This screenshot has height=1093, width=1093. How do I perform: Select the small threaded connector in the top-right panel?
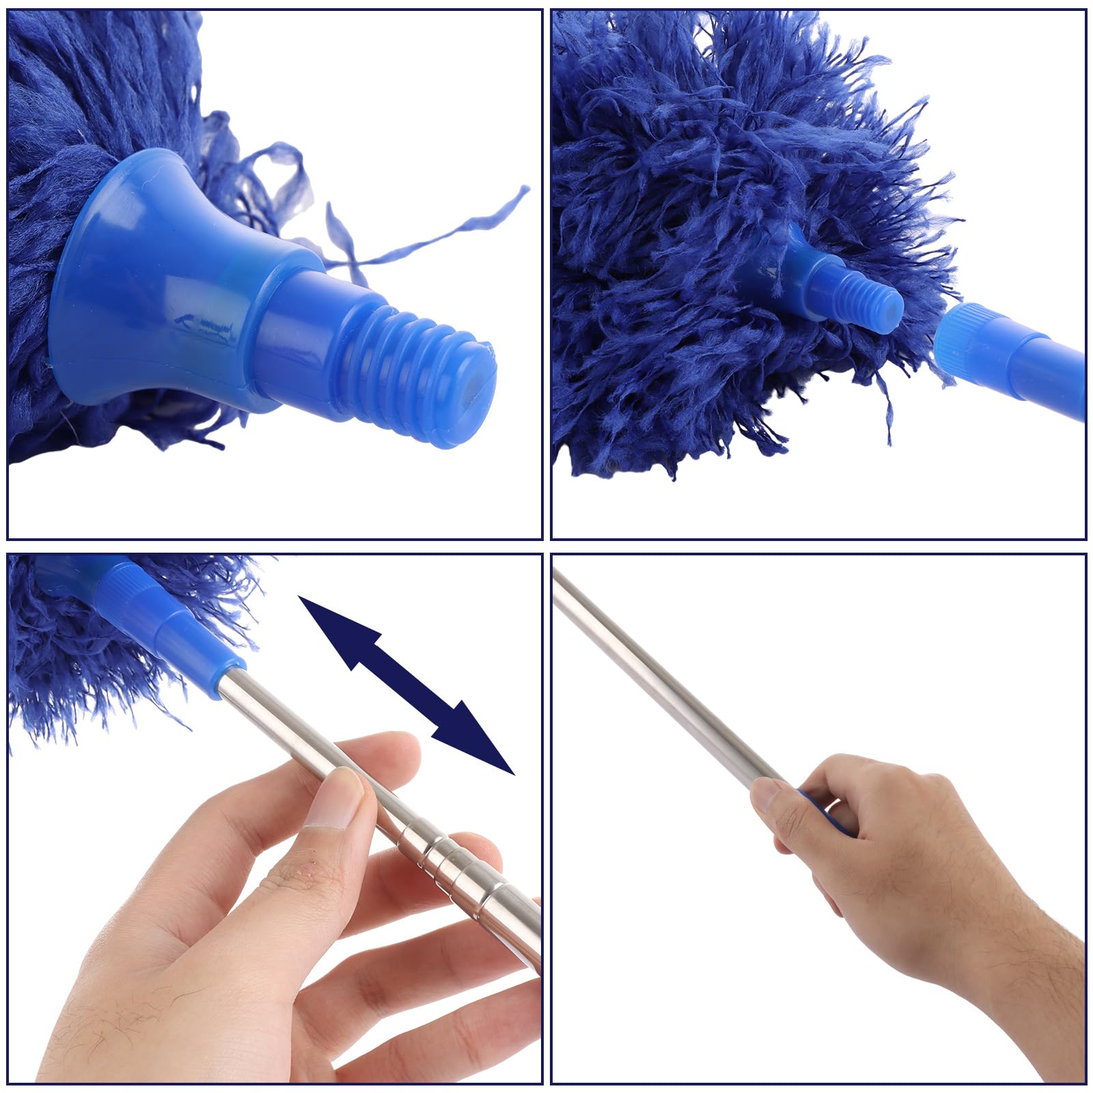click(868, 294)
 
